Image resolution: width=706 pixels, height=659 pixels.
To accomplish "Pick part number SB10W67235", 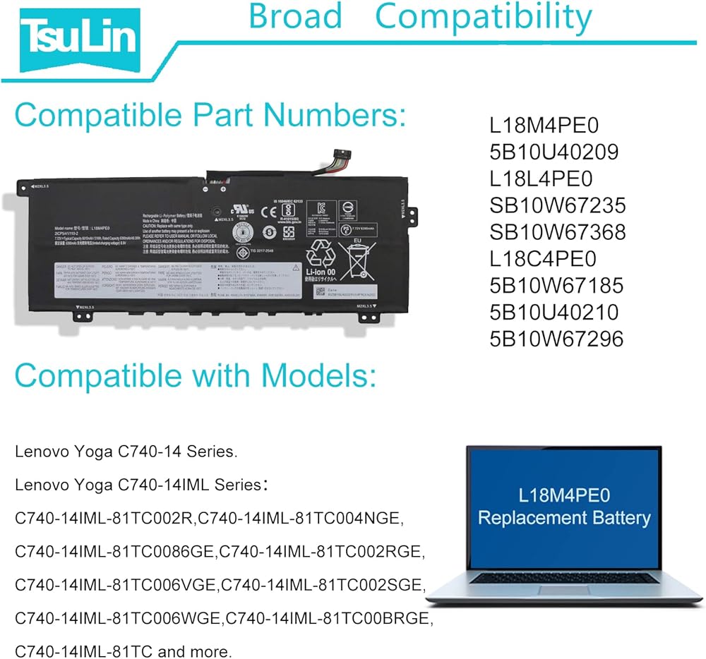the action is pyautogui.click(x=558, y=205).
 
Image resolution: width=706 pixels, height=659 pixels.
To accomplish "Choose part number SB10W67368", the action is pyautogui.click(x=558, y=232).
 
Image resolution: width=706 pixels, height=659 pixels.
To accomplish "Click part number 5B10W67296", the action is pyautogui.click(x=557, y=339).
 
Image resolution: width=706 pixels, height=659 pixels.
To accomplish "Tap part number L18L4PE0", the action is pyautogui.click(x=542, y=179).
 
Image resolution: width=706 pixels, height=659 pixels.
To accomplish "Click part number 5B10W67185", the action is pyautogui.click(x=557, y=286).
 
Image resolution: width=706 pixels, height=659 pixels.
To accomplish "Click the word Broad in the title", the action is pyautogui.click(x=296, y=17).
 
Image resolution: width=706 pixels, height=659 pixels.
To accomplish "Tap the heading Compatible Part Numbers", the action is pyautogui.click(x=210, y=115).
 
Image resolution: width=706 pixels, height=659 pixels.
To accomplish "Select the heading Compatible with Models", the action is pyautogui.click(x=195, y=375).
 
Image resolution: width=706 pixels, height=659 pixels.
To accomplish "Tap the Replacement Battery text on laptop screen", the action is pyautogui.click(x=564, y=518).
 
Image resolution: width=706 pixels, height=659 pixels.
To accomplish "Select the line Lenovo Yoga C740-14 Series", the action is pyautogui.click(x=126, y=452).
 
